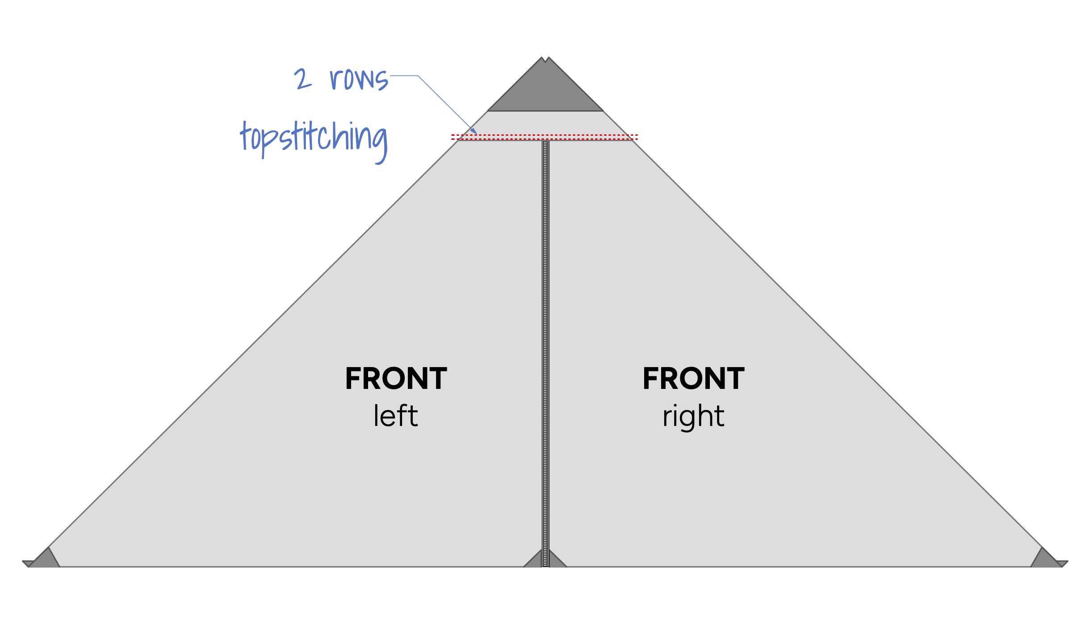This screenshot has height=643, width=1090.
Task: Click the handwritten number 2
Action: pos(302,79)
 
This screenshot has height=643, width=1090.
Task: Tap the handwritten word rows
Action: pos(359,79)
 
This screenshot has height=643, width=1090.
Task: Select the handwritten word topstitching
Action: pos(314,139)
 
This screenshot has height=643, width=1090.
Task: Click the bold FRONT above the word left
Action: pos(396,379)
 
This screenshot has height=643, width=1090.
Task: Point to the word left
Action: pos(396,416)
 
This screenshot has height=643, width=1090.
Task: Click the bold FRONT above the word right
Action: pos(693,379)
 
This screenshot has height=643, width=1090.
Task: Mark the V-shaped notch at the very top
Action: pos(545,59)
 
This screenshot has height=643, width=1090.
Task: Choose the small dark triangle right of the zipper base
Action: pos(556,560)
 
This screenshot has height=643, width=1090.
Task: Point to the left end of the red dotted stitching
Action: pos(453,137)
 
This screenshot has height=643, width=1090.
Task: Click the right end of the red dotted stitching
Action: pos(637,137)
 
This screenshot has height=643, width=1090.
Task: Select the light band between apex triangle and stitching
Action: pos(545,122)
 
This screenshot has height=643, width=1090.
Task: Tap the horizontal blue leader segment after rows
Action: pos(404,76)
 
